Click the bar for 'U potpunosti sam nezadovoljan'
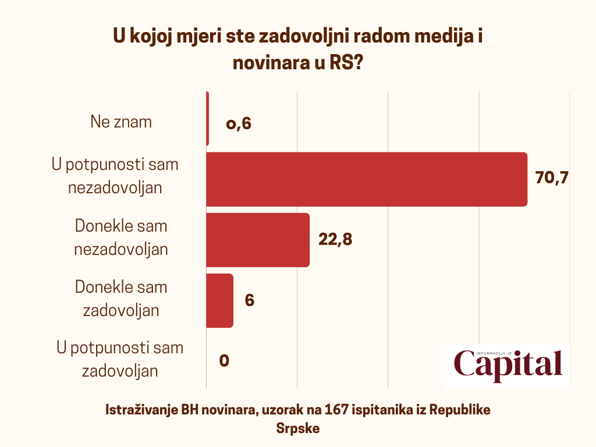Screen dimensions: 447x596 [367, 179]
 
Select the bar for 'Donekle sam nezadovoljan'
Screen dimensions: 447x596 [258, 240]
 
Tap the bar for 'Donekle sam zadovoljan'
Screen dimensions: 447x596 [220, 300]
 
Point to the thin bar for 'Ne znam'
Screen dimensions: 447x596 [207, 119]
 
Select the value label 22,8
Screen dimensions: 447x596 [336, 240]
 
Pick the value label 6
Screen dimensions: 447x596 [250, 300]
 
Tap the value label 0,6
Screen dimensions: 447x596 [239, 123]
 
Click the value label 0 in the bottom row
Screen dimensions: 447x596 [224, 361]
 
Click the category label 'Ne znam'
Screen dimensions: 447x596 [121, 122]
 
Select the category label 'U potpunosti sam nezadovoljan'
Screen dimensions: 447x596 [115, 176]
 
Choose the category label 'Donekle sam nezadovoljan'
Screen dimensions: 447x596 [121, 237]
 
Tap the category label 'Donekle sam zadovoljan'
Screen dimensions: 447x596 [121, 299]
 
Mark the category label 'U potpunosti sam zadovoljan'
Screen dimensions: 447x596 [120, 359]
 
